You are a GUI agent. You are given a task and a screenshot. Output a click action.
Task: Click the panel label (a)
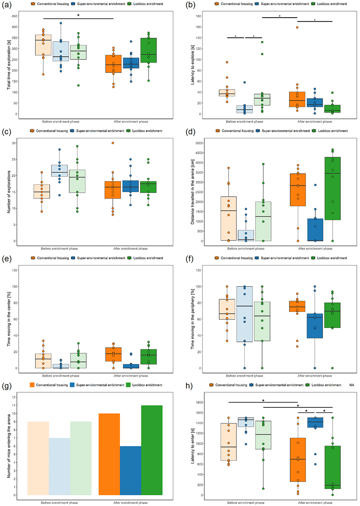(6, 5)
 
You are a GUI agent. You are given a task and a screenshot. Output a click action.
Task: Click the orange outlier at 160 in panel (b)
(297, 27)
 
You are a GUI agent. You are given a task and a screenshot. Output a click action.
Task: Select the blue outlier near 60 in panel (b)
(244, 82)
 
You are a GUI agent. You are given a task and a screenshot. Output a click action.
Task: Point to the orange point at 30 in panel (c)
(113, 143)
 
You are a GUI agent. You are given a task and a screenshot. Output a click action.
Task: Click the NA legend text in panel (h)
(352, 385)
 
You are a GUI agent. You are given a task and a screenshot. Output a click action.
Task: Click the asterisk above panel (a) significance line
(78, 15)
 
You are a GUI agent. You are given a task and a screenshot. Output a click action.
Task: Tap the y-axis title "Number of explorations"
(9, 192)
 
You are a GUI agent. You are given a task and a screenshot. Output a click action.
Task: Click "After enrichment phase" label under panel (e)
(131, 376)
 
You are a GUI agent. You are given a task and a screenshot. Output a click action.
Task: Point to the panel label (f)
(190, 259)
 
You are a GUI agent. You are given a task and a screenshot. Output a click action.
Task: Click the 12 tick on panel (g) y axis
(14, 397)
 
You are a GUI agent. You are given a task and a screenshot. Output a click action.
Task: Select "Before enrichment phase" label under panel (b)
(244, 121)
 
